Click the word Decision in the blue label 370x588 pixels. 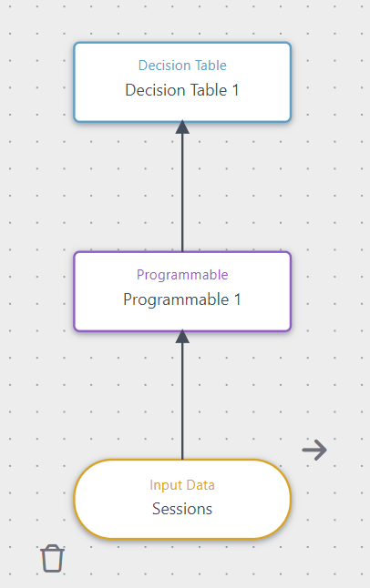pyautogui.click(x=159, y=66)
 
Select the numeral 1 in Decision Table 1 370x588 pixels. pyautogui.click(x=234, y=90)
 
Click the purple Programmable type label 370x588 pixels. pyautogui.click(x=182, y=275)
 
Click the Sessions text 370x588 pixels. pyautogui.click(x=182, y=509)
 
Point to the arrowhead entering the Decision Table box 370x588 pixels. pyautogui.click(x=182, y=127)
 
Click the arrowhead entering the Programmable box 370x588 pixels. pyautogui.click(x=182, y=337)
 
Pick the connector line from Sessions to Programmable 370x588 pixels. pyautogui.click(x=182, y=400)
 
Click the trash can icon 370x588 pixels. pyautogui.click(x=53, y=558)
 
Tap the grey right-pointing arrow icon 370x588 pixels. pyautogui.click(x=314, y=449)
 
